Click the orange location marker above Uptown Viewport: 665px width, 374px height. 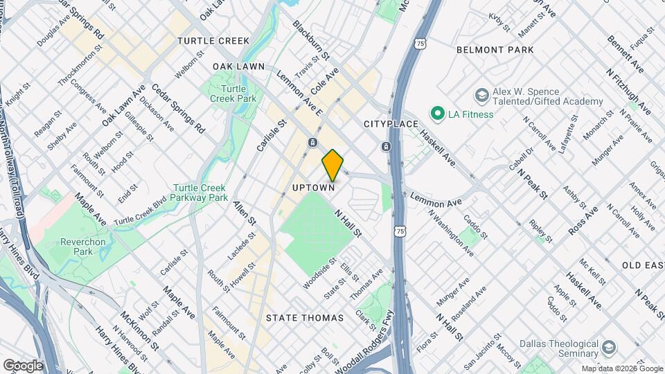[333, 165]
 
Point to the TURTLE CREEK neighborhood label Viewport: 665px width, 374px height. [213, 41]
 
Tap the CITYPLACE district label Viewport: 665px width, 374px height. [391, 124]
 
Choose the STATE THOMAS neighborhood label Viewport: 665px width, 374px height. [305, 318]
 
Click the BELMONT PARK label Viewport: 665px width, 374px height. [495, 50]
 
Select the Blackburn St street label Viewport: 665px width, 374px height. [311, 39]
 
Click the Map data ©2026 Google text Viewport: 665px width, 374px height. [621, 368]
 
